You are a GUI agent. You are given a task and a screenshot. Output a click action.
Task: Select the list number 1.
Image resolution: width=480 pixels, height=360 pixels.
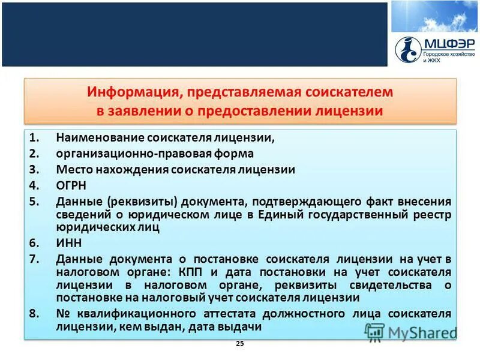(33, 138)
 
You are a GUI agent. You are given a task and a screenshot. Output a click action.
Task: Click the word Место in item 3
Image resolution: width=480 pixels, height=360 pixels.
(72, 169)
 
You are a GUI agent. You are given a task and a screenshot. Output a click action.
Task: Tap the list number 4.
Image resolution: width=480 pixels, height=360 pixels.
(34, 185)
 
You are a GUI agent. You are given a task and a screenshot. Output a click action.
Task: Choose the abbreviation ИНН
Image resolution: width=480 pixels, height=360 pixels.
(68, 243)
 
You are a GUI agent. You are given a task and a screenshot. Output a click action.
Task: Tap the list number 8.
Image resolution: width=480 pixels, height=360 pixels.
(34, 314)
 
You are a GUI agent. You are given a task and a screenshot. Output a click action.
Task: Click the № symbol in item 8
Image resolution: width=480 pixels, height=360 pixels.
(62, 314)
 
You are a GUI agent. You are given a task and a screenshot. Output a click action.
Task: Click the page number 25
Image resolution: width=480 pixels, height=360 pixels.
(240, 343)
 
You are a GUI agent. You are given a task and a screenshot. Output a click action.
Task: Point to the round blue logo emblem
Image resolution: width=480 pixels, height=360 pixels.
(408, 49)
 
